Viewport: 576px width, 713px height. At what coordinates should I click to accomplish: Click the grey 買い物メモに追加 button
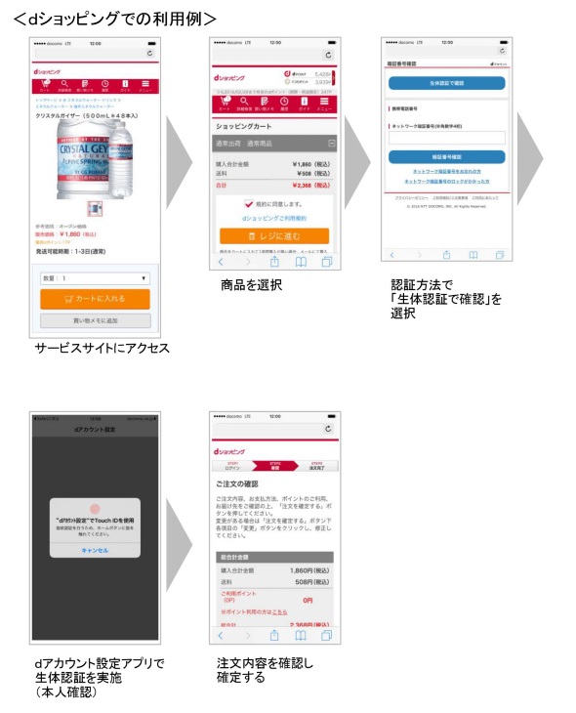coord(95,320)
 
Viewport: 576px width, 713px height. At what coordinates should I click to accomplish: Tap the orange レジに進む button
coord(274,236)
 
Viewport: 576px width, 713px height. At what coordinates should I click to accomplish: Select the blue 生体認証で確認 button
coord(446,83)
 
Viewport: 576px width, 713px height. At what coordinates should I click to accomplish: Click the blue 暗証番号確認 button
coord(446,156)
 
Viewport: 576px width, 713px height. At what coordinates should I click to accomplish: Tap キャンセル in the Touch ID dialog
coord(95,550)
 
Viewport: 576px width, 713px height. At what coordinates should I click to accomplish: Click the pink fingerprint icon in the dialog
coord(95,510)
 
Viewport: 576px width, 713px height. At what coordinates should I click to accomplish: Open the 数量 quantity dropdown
coord(95,277)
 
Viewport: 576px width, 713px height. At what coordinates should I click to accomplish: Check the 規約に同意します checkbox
coord(249,206)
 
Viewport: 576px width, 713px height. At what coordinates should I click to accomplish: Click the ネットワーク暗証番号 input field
coord(446,138)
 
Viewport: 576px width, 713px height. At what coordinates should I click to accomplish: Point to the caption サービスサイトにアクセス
coord(102,348)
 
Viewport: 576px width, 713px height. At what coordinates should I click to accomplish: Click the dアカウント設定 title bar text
coord(95,430)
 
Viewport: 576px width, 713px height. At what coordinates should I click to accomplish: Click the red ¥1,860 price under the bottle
coord(74,234)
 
